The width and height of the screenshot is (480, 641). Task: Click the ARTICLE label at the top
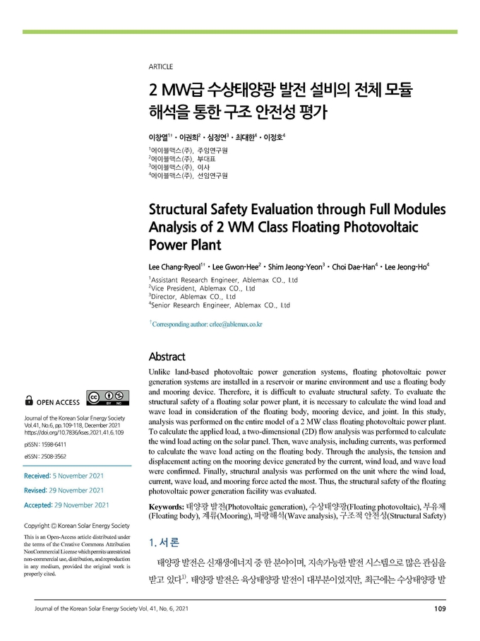coord(161,66)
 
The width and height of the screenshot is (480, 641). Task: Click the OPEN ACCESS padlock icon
coord(29,401)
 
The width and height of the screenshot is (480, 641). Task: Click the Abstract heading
coord(167,356)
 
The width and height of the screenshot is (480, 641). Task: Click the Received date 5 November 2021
coord(83,475)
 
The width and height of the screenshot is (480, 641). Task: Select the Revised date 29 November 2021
coord(78,490)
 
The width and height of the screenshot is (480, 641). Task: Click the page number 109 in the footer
coord(439,609)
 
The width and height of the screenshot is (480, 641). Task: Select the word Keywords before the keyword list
coord(167,508)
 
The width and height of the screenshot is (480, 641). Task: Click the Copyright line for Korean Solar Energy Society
coord(77,526)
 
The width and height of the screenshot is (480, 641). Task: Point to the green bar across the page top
coord(240,32)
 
